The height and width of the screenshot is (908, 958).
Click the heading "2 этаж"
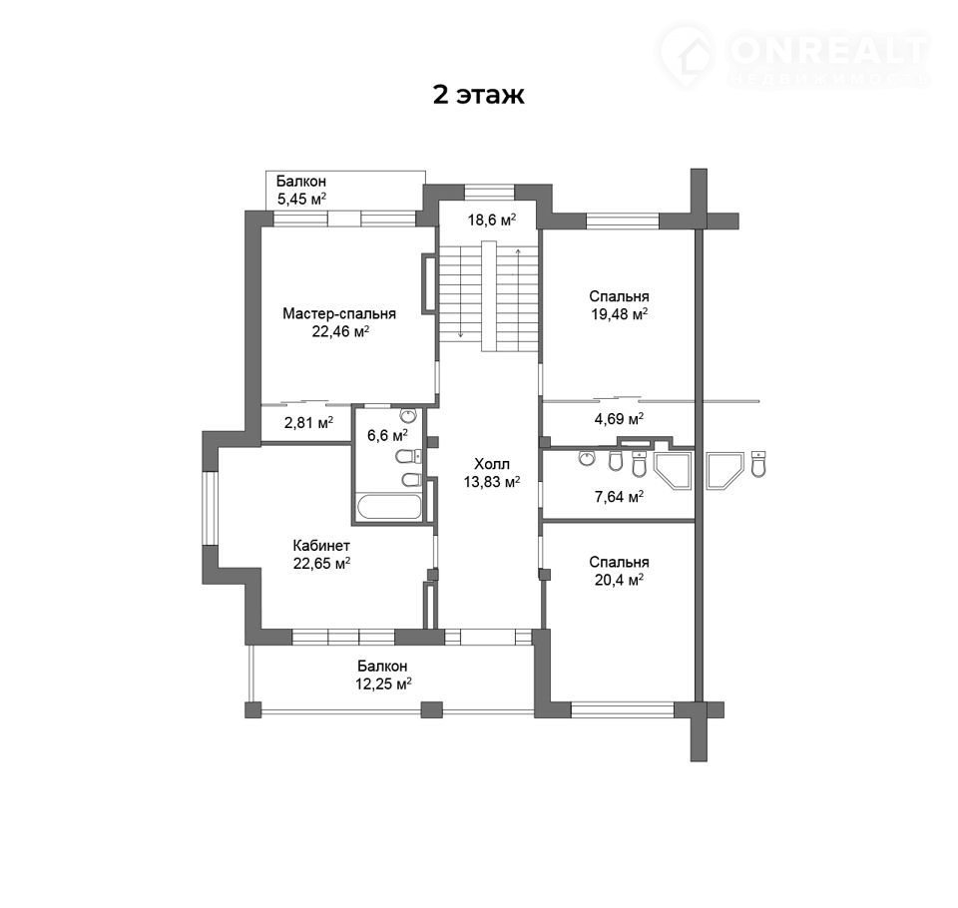point(478,96)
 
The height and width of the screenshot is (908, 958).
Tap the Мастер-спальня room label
point(339,313)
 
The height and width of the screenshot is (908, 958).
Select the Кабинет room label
point(321,545)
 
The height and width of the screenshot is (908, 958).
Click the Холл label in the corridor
point(492,464)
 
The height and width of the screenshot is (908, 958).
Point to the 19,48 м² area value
point(619,314)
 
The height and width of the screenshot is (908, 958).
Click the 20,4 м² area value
point(619,580)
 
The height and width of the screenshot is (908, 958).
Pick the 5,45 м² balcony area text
point(301,199)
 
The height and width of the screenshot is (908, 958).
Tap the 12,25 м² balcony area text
point(383,683)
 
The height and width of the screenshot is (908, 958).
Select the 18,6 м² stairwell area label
point(492,220)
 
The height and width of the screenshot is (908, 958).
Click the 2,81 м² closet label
point(308,422)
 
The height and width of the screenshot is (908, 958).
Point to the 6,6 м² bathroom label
point(387,435)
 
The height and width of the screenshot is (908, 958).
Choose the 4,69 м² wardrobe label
point(619,418)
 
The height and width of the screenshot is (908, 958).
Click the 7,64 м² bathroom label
point(619,497)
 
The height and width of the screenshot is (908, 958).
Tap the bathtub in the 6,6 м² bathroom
point(389,507)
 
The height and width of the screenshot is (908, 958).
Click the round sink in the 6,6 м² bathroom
point(407,415)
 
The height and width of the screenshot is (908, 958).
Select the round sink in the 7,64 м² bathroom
point(587,458)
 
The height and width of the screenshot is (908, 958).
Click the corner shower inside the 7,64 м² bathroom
point(673,470)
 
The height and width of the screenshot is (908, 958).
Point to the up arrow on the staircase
point(518,292)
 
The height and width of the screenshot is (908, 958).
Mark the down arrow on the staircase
point(460,292)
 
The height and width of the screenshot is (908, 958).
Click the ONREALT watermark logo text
point(829,50)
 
